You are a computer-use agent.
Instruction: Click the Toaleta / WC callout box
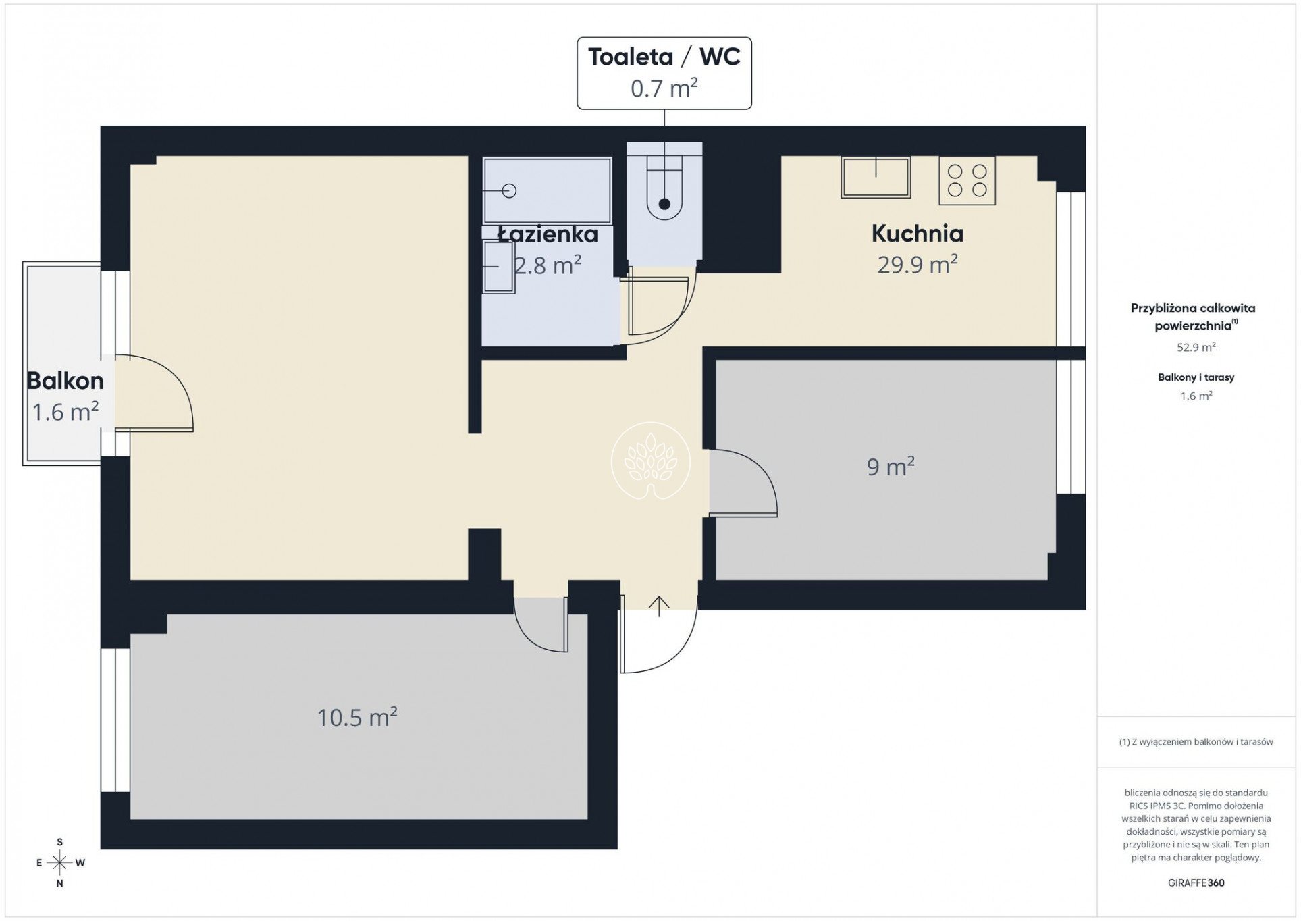tap(664, 73)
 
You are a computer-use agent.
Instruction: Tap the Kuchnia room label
tap(917, 234)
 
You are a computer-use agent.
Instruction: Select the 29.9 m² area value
tap(917, 263)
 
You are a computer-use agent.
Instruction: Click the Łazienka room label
tap(548, 234)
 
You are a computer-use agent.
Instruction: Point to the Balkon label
tap(65, 381)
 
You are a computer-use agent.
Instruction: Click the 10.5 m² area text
tap(357, 716)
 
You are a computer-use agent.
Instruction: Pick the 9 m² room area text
tap(891, 466)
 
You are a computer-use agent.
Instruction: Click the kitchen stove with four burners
tap(967, 180)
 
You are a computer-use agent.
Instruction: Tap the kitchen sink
tap(876, 177)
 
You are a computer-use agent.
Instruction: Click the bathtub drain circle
tap(510, 191)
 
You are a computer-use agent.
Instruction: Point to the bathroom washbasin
tap(498, 267)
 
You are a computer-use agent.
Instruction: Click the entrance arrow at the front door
tap(659, 606)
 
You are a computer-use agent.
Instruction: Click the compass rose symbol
tap(60, 862)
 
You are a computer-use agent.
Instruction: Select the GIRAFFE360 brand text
tap(1196, 883)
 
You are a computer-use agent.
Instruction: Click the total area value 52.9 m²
tap(1196, 347)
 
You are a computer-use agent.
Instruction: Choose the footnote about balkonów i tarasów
tap(1196, 741)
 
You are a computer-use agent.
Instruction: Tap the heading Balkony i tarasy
tap(1196, 377)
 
